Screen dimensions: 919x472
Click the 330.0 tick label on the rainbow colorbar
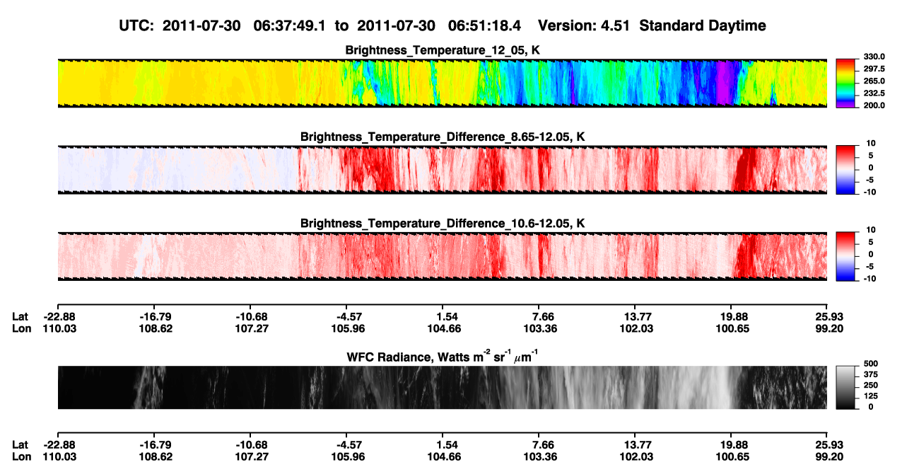pyautogui.click(x=874, y=57)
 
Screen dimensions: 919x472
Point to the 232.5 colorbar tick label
pyautogui.click(x=874, y=93)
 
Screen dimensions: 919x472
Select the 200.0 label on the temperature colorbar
pyautogui.click(x=874, y=105)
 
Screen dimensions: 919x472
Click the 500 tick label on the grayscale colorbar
pyautogui.click(x=871, y=364)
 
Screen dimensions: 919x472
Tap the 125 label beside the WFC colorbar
pyautogui.click(x=871, y=396)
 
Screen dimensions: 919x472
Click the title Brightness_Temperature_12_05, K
pyautogui.click(x=443, y=50)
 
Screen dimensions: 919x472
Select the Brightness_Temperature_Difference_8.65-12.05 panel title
pyautogui.click(x=443, y=137)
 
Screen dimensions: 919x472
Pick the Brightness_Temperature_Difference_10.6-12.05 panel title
pyautogui.click(x=443, y=224)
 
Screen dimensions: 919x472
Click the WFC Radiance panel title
pyautogui.click(x=443, y=357)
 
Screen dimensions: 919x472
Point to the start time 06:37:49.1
pyautogui.click(x=289, y=26)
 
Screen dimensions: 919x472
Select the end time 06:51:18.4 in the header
pyautogui.click(x=484, y=26)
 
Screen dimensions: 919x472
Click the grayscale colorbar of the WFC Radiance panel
pyautogui.click(x=845, y=387)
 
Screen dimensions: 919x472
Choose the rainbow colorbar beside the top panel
pyautogui.click(x=845, y=84)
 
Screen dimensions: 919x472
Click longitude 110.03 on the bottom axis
pyautogui.click(x=59, y=457)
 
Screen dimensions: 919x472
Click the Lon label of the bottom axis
pyautogui.click(x=22, y=457)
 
